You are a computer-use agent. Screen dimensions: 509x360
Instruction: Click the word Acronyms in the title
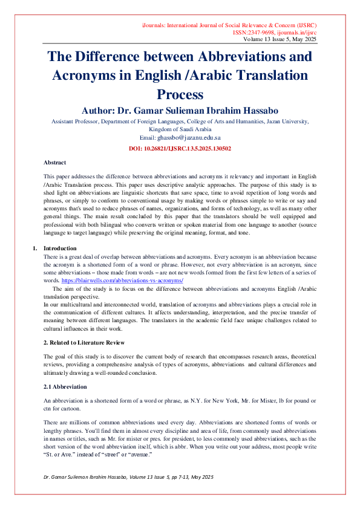pos(82,76)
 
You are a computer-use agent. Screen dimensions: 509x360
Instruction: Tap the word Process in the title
pos(180,94)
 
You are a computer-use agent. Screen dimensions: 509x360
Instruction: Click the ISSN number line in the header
pos(275,32)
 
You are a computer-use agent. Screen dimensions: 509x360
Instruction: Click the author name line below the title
pos(180,111)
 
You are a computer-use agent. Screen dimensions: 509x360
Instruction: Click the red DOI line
pos(180,148)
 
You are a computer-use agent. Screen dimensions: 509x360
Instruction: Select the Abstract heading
pos(55,163)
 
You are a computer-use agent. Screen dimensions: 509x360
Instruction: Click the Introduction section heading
pos(59,248)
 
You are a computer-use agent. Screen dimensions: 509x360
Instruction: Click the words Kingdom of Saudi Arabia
pos(180,129)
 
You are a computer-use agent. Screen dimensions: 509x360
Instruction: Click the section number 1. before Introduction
pos(34,248)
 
